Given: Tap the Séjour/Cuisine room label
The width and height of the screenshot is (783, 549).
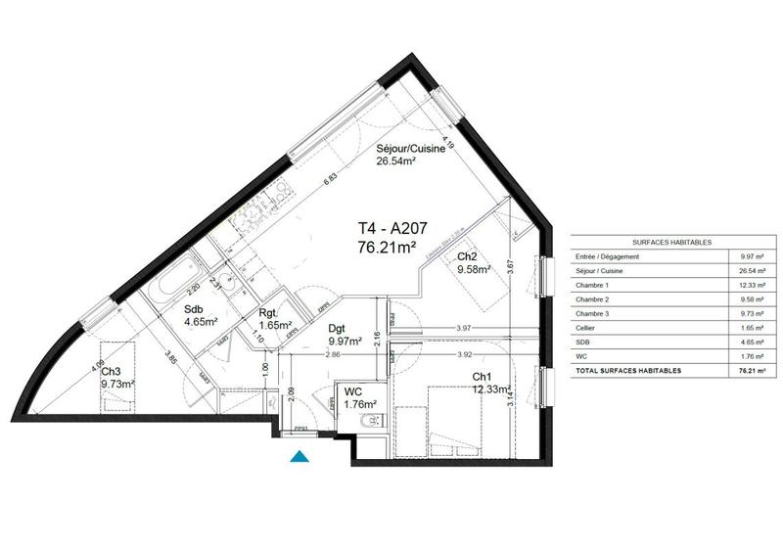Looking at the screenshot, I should tap(412, 151).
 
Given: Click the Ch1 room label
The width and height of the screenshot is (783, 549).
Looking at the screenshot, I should tap(482, 378).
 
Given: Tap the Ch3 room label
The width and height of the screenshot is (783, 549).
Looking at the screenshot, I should tap(111, 371).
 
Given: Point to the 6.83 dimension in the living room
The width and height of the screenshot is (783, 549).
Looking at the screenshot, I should tap(331, 178).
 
